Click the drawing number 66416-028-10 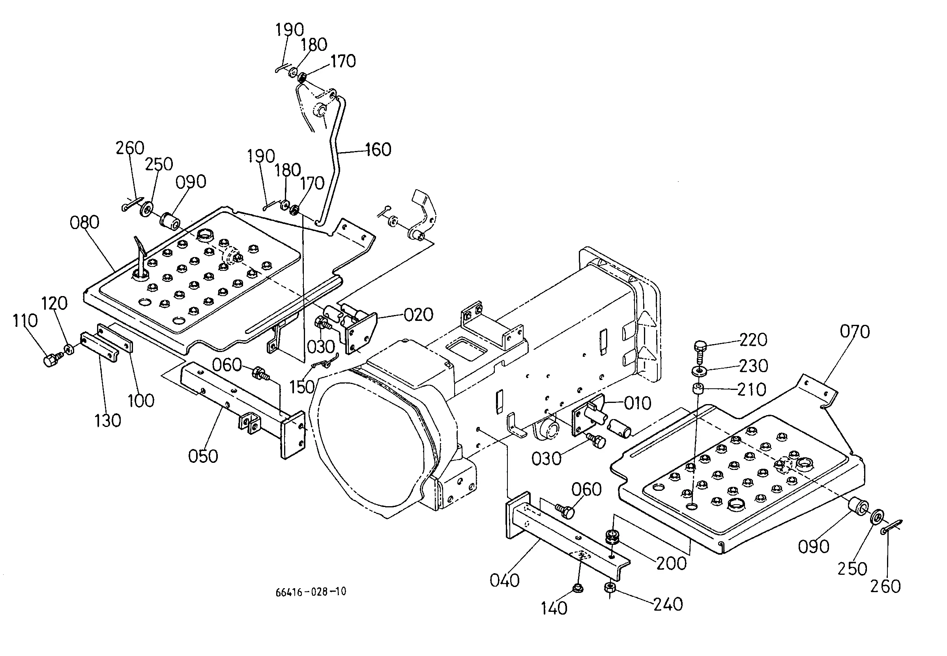coord(311,592)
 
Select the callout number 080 coord(84,222)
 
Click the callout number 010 coord(638,403)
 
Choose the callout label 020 coord(418,315)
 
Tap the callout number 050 coord(203,456)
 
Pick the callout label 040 coord(504,580)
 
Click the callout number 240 coord(668,604)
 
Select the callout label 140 coord(554,608)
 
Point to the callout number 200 coord(671,563)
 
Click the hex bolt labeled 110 coord(51,360)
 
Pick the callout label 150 coord(302,387)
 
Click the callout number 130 coord(108,421)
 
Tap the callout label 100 coord(141,401)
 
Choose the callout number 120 coord(54,303)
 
